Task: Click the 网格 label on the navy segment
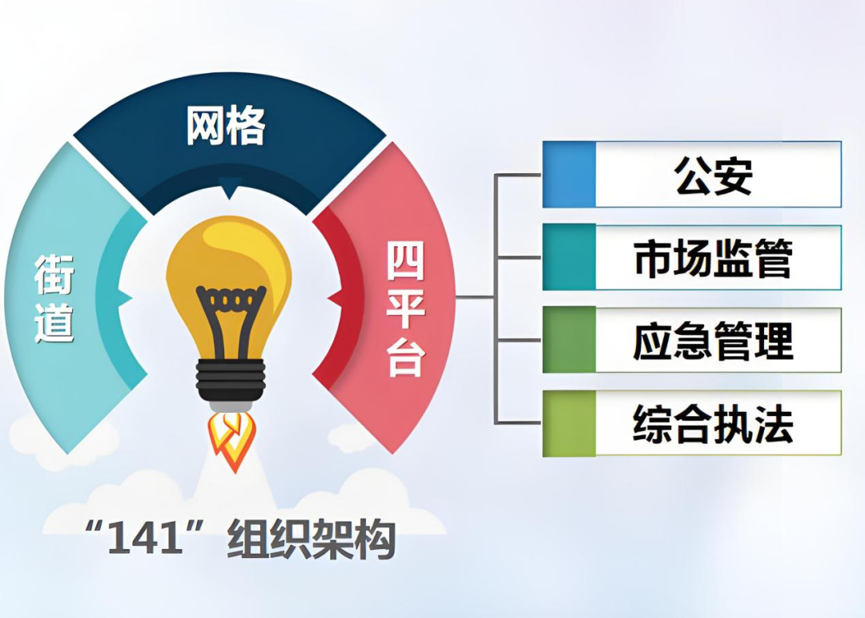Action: [x=226, y=127]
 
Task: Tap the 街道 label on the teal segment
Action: [x=54, y=299]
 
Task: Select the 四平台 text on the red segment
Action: [x=405, y=309]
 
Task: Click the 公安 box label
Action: [x=714, y=176]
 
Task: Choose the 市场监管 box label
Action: [x=714, y=258]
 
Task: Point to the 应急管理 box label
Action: [x=714, y=341]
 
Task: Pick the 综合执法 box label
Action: [x=714, y=424]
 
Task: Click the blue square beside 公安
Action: [x=569, y=175]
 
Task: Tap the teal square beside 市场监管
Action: [x=569, y=257]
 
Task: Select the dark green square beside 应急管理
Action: [x=569, y=340]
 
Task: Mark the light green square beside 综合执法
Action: [x=569, y=423]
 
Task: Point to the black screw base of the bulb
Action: [x=231, y=382]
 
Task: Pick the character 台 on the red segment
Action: [x=405, y=358]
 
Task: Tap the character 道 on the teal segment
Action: [x=54, y=322]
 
